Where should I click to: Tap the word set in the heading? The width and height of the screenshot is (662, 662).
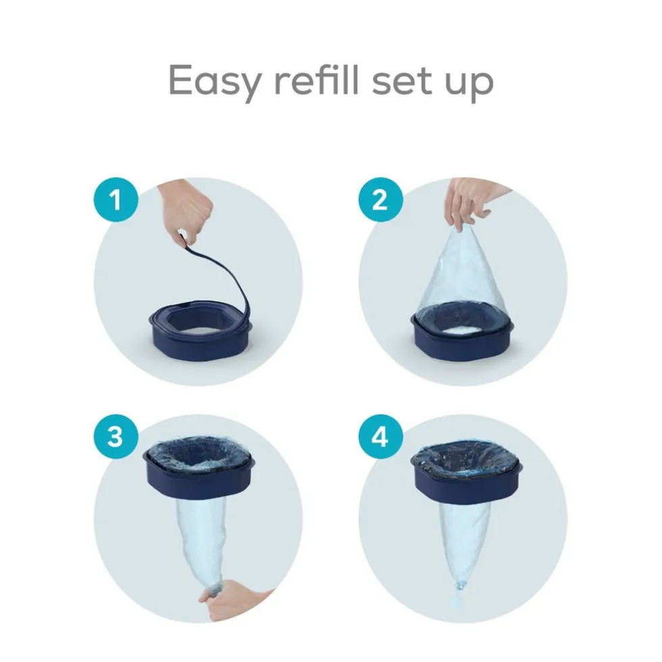[x=403, y=82]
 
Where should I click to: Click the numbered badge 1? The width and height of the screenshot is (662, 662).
[x=116, y=199]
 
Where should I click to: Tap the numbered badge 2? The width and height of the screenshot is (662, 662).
[x=380, y=199]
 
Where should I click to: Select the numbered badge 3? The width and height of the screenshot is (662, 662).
[x=116, y=436]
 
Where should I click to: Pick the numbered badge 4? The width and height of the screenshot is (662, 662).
[x=380, y=436]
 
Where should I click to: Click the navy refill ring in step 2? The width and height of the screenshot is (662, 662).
[x=463, y=338]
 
